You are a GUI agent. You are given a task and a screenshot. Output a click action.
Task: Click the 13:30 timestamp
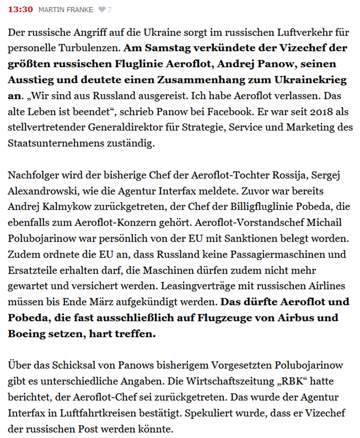(x=21, y=10)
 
